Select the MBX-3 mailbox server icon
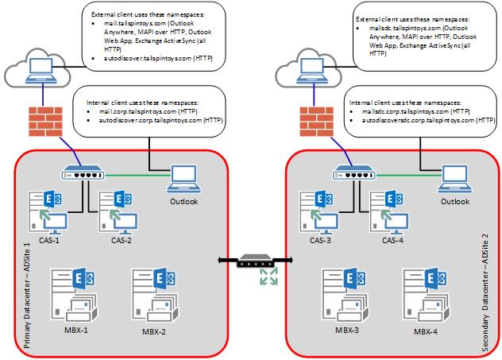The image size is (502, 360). [x=342, y=294]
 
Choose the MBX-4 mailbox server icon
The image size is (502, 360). [x=425, y=294]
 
